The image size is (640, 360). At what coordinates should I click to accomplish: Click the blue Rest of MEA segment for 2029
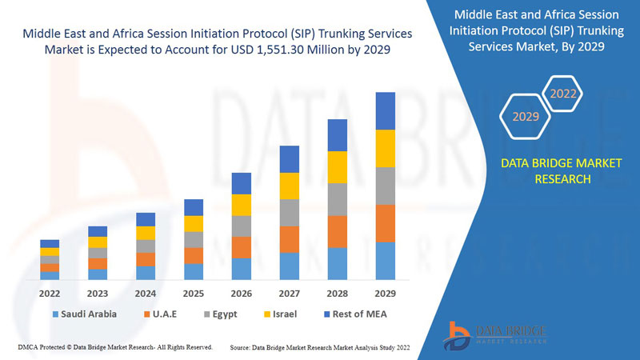(386, 110)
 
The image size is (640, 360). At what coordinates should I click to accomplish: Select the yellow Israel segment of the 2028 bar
(338, 166)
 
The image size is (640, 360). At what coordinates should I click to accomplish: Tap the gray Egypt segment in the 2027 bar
(290, 213)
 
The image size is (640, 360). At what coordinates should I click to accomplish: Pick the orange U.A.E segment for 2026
(242, 247)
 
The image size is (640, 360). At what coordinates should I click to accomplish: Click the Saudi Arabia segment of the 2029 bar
(386, 261)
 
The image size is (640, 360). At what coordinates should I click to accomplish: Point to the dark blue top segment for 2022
(50, 243)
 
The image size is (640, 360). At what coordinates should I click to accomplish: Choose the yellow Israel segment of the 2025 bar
(194, 224)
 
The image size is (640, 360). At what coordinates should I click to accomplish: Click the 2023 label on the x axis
(98, 293)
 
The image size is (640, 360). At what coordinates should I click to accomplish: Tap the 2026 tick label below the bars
(242, 293)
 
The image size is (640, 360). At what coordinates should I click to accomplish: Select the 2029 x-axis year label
(386, 293)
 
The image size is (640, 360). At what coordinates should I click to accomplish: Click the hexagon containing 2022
(562, 94)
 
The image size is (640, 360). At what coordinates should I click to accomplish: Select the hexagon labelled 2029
(526, 117)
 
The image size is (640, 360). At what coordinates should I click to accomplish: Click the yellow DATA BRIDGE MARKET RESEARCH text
(561, 171)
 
